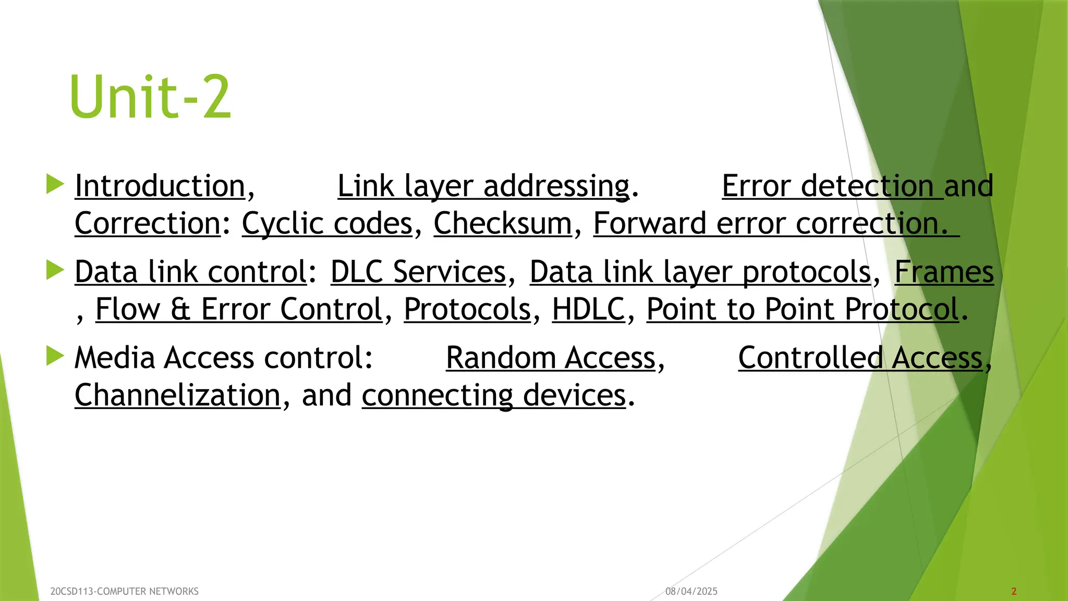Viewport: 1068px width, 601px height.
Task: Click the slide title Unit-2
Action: click(150, 97)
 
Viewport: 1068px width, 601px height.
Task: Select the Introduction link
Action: click(160, 186)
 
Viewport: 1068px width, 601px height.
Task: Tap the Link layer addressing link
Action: click(483, 186)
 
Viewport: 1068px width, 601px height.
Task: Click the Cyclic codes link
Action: click(327, 224)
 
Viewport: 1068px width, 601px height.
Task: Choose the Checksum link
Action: click(503, 224)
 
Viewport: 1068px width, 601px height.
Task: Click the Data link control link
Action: click(190, 272)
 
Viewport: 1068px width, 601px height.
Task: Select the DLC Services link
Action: click(418, 272)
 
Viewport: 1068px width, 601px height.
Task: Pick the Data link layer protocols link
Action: click(700, 272)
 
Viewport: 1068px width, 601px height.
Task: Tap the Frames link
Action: click(944, 272)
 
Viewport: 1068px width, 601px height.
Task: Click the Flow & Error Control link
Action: click(239, 309)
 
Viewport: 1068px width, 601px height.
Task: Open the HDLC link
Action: click(588, 309)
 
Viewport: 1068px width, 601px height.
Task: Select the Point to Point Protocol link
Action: click(803, 309)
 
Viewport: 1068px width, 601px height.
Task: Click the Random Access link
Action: click(551, 358)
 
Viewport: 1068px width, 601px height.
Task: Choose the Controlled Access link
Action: click(860, 358)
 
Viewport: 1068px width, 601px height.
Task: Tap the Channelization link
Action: click(177, 395)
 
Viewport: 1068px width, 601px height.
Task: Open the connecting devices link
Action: click(493, 395)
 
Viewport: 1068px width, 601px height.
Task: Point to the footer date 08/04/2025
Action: click(691, 592)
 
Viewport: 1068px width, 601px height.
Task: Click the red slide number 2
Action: click(1014, 592)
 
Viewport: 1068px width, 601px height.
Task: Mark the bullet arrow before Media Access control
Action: click(55, 356)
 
